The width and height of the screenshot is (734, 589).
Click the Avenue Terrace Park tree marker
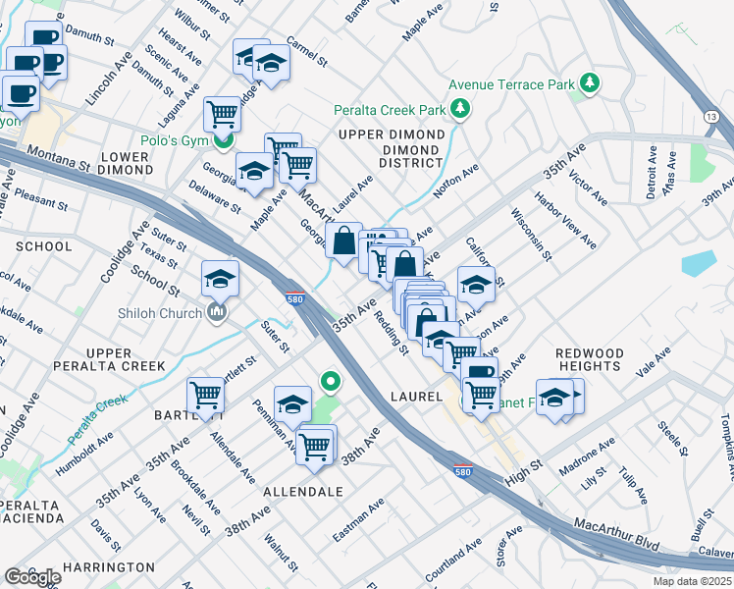click(x=590, y=84)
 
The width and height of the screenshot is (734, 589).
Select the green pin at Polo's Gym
click(x=224, y=142)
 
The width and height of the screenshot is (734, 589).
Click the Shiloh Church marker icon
click(x=217, y=313)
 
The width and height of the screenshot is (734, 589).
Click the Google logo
click(x=33, y=576)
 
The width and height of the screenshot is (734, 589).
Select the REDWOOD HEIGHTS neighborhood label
click(x=589, y=359)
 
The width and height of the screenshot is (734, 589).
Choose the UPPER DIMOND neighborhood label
click(x=391, y=134)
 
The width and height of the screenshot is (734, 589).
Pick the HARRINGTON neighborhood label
click(x=109, y=567)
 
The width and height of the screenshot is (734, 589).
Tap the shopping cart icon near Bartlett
click(x=206, y=395)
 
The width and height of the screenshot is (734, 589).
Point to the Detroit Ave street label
click(x=652, y=173)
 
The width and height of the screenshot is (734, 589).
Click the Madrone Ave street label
click(x=586, y=457)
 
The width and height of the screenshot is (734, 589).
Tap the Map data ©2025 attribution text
click(x=687, y=581)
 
